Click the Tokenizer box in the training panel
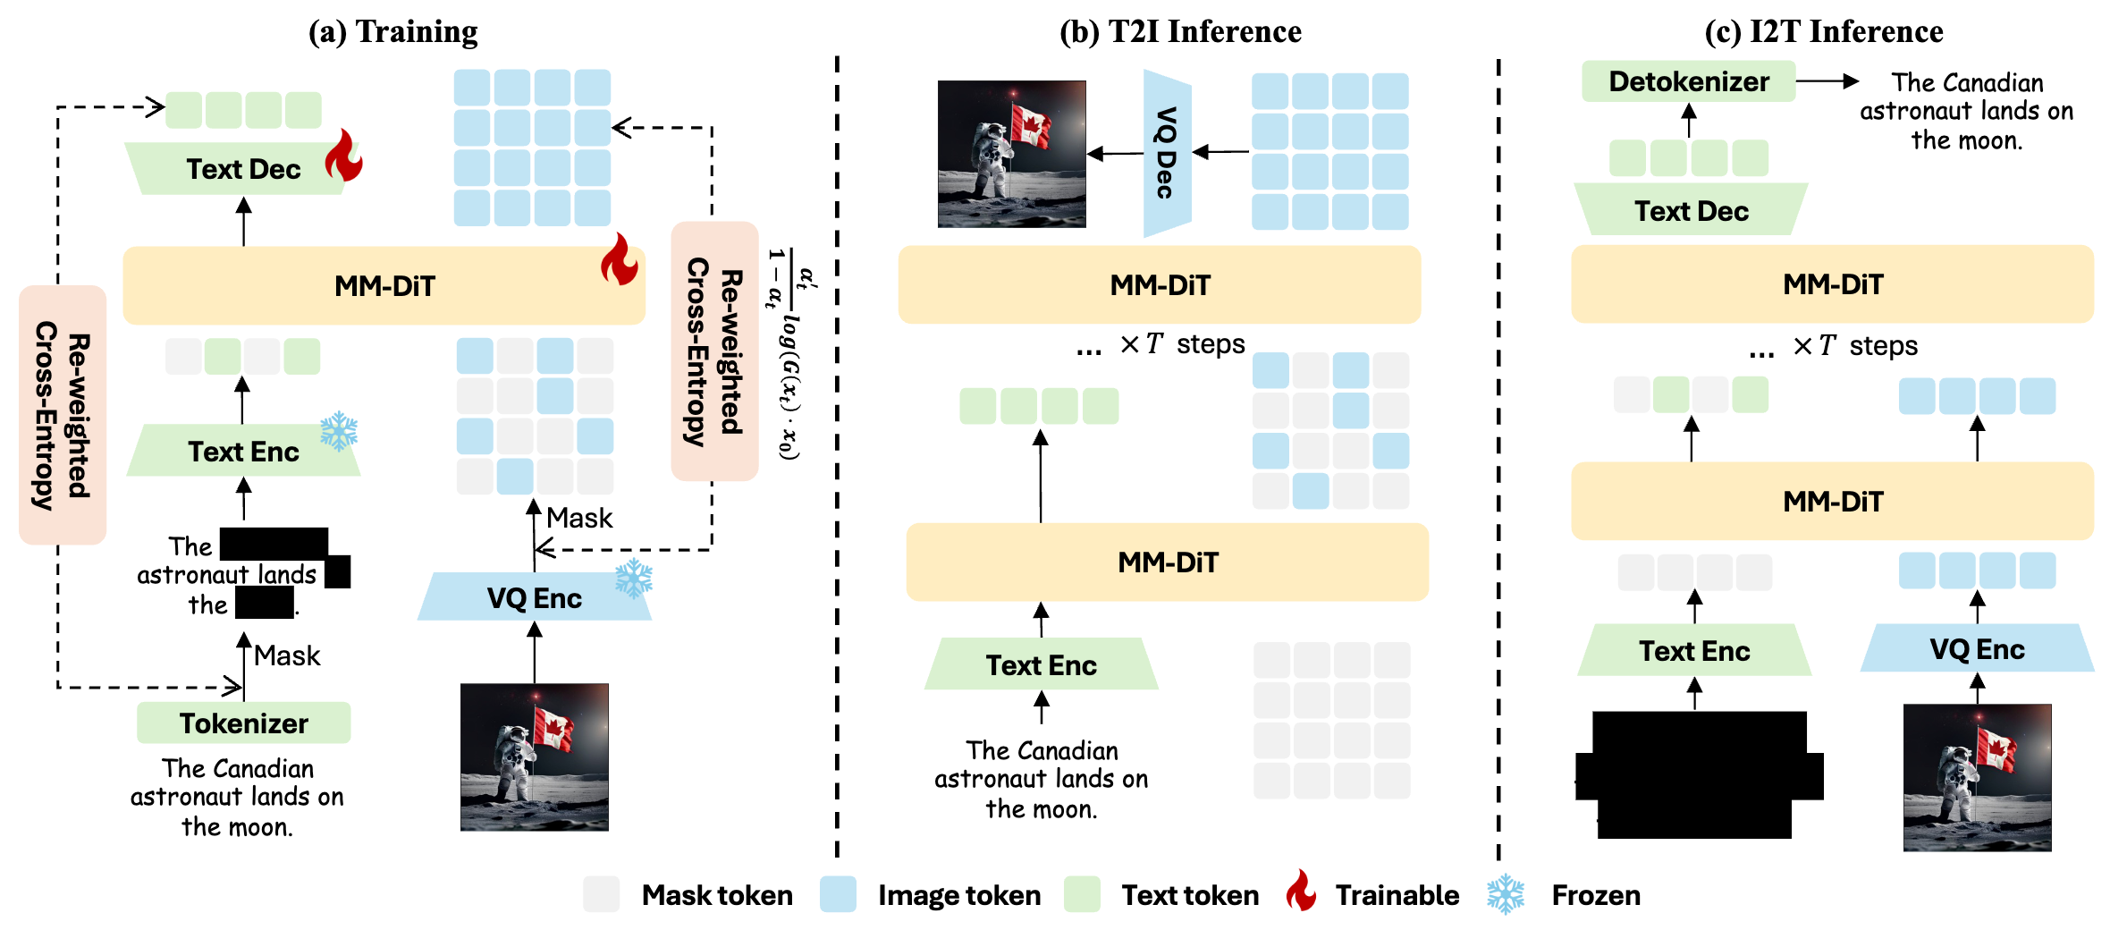coord(243,723)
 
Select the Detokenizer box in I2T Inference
coord(1688,81)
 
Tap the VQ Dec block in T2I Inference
coord(1166,153)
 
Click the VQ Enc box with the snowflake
coord(534,597)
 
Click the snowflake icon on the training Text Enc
coord(339,431)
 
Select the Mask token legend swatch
coord(601,894)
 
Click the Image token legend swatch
coord(838,894)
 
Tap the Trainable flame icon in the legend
coord(1301,892)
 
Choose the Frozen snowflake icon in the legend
coord(1506,893)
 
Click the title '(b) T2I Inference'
coord(1180,31)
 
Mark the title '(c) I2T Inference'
coord(1824,31)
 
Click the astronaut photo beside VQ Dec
coord(1011,154)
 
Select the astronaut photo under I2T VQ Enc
coord(1977,777)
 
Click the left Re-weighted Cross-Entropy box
coord(63,415)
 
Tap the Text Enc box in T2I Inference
coord(1041,664)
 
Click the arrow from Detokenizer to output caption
coord(1827,81)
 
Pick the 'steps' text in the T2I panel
coord(1211,344)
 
